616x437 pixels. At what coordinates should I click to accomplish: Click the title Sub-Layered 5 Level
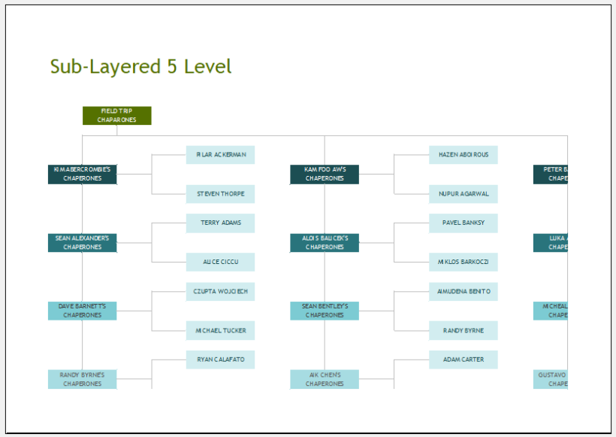141,66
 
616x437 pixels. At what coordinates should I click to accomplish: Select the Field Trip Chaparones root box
116,116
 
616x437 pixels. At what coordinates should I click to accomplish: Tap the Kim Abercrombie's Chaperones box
83,174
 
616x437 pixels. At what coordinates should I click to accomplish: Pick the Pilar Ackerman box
220,155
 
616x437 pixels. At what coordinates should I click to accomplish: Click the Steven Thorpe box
220,194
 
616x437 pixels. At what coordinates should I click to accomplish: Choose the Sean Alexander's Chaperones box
83,243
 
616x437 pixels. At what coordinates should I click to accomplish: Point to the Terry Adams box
220,223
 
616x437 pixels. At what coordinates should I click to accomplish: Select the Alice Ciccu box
220,262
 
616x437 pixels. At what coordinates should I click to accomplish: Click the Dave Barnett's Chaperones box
83,311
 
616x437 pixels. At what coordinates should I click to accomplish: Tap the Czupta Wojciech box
220,292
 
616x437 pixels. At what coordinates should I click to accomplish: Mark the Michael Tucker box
220,330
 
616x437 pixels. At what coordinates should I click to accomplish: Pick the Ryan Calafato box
220,360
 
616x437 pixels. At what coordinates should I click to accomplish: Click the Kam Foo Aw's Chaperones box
325,174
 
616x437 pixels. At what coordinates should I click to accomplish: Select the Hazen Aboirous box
463,155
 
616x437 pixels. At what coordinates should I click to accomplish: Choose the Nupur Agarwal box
463,194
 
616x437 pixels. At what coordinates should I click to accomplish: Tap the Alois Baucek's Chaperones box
325,243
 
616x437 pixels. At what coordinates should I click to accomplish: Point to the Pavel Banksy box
463,223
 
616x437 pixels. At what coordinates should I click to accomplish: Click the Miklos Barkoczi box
463,262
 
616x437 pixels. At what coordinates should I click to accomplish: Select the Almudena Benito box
463,292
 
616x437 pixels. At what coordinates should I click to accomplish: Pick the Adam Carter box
463,360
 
